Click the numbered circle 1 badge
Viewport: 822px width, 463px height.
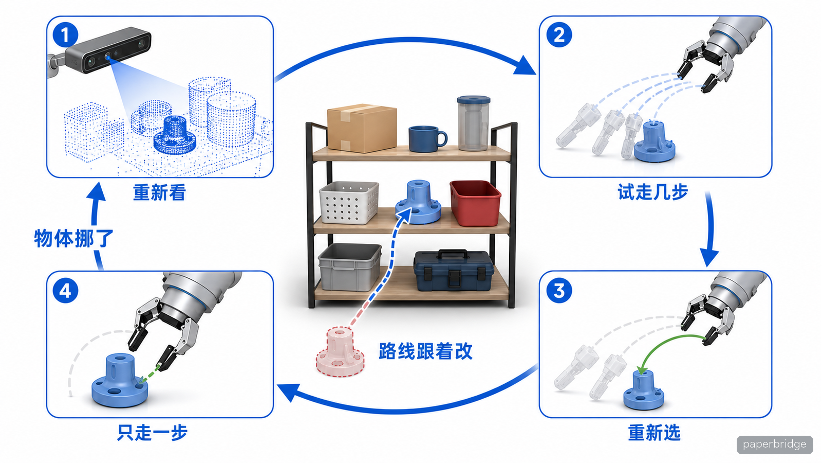coord(65,35)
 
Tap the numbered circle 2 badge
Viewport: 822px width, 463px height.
coord(559,35)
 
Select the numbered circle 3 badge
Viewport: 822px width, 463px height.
coord(559,291)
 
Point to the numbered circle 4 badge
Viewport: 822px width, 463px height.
coord(65,291)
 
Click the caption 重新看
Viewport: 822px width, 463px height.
coord(160,192)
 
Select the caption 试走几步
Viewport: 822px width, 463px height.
coord(653,192)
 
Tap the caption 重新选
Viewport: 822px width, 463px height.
coord(655,433)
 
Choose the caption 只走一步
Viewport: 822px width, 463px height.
coord(152,432)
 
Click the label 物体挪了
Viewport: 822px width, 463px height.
coord(73,238)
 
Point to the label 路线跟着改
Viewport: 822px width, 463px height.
coord(426,351)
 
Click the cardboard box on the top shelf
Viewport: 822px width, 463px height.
coord(362,128)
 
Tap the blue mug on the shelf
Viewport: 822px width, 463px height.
coord(427,138)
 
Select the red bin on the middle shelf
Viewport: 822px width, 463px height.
coord(475,203)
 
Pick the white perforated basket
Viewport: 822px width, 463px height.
coord(349,203)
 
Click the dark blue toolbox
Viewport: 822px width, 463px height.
coord(454,270)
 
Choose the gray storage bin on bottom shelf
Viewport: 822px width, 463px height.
coord(350,267)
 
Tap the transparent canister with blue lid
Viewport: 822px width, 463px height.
coord(473,123)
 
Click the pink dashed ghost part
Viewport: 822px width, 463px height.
coord(340,352)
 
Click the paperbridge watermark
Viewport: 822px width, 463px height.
coord(774,444)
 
